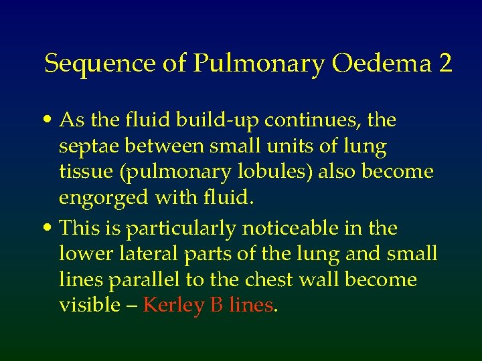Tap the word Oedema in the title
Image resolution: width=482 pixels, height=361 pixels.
pyautogui.click(x=381, y=64)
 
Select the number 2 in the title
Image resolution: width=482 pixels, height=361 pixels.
pyautogui.click(x=445, y=64)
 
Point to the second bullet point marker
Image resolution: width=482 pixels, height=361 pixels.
pyautogui.click(x=50, y=229)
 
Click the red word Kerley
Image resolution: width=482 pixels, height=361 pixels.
pyautogui.click(x=173, y=306)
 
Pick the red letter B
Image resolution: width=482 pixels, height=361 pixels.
pyautogui.click(x=216, y=305)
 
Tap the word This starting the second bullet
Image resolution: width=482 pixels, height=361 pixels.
pyautogui.click(x=81, y=229)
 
